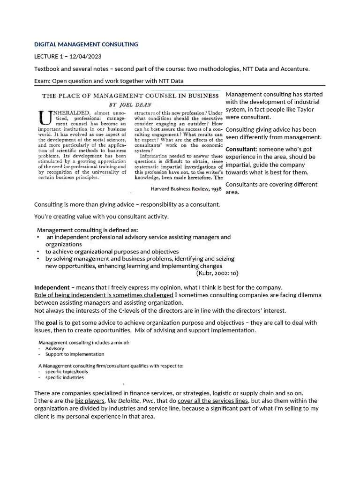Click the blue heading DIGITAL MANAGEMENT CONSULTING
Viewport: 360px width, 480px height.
[x=86, y=45]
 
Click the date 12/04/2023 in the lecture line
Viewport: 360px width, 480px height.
[x=85, y=57]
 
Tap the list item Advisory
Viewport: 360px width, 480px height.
[x=55, y=348]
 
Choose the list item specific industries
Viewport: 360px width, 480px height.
[x=65, y=377]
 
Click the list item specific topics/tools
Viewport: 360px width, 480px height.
[x=67, y=371]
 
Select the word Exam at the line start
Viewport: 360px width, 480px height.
[x=42, y=81]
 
